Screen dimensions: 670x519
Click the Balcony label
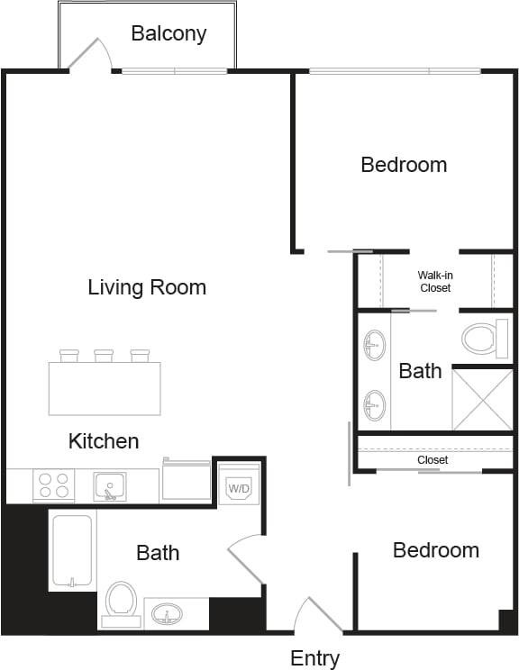point(168,34)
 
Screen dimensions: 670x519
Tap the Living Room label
point(147,287)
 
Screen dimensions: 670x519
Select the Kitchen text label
point(104,440)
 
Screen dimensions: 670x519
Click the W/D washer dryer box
point(239,487)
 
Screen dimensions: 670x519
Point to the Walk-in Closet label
point(434,281)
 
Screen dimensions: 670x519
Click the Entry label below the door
point(314,658)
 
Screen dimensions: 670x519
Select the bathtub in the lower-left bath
point(71,550)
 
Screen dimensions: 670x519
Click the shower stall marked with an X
point(481,399)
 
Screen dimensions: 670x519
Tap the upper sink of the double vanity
point(374,343)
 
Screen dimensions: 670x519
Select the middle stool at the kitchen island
point(104,356)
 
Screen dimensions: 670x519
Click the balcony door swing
point(90,54)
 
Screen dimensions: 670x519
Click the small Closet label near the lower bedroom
point(432,459)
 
